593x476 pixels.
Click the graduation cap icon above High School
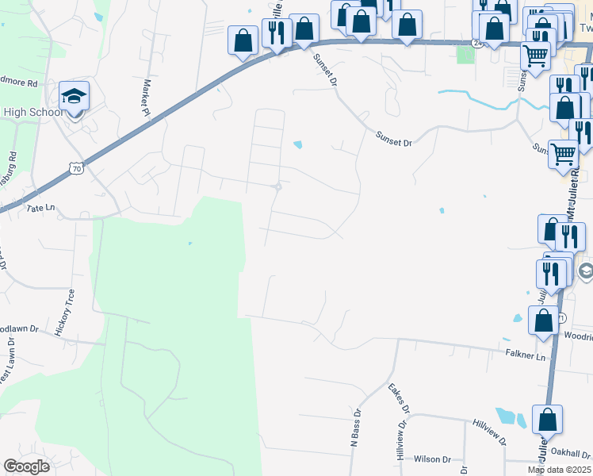click(74, 96)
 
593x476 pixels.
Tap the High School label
click(33, 112)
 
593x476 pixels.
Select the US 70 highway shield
click(75, 168)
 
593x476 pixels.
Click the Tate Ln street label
click(40, 208)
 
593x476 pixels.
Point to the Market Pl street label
click(147, 96)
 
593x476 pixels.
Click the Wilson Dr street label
click(432, 459)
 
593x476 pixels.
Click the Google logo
click(26, 466)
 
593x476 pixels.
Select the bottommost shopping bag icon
click(547, 420)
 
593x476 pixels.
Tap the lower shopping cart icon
click(563, 153)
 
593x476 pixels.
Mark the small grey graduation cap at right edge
click(586, 272)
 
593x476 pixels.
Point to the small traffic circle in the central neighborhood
click(277, 187)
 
